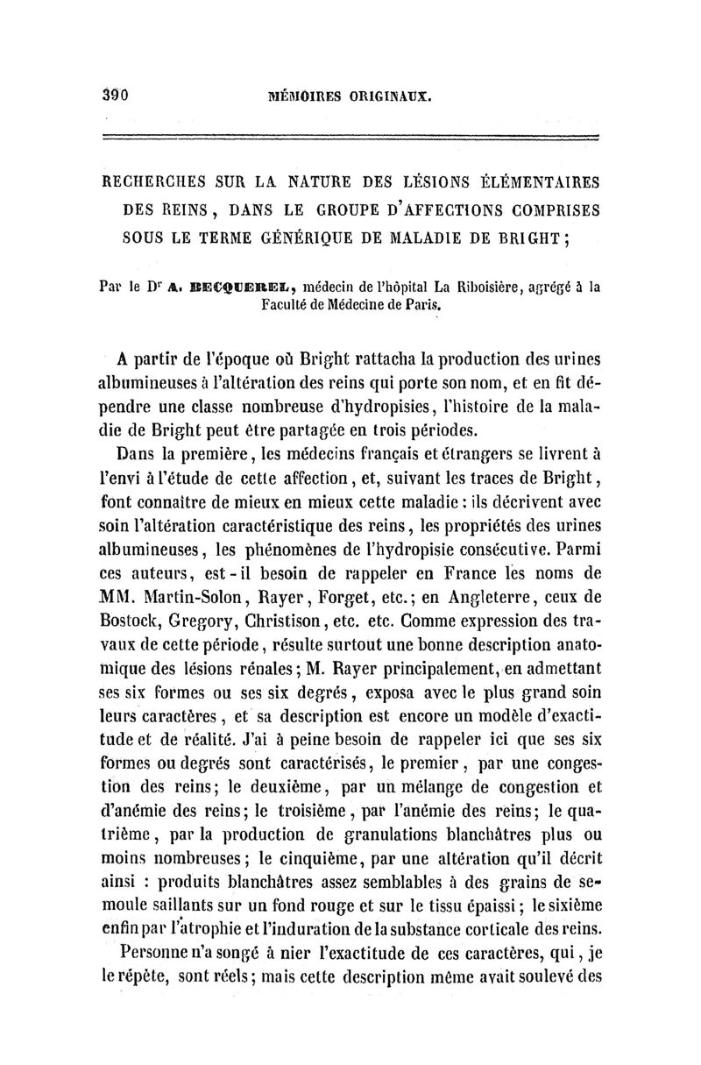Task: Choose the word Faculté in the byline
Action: tap(291, 305)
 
